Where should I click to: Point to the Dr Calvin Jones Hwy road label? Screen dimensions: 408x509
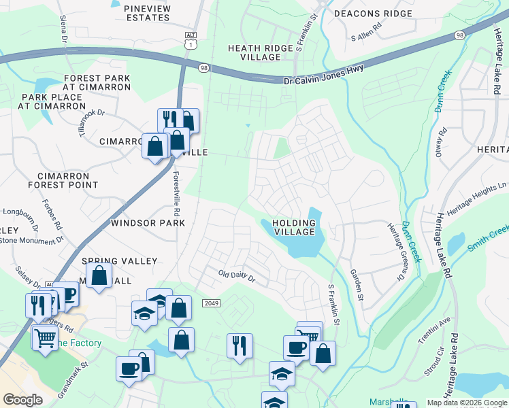pos(323,75)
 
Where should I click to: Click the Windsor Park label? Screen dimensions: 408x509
pos(148,223)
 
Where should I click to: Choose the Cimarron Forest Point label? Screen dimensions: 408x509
pos(63,180)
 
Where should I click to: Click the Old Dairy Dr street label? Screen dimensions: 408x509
pos(236,277)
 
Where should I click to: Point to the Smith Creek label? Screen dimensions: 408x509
pos(489,239)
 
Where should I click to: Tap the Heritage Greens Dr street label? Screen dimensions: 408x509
pos(395,252)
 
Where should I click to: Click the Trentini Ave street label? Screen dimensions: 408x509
pos(435,330)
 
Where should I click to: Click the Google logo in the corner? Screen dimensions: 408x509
pos(22,400)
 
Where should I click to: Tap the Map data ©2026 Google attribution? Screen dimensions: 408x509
pos(467,403)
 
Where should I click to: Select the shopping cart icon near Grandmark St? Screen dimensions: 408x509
pos(45,337)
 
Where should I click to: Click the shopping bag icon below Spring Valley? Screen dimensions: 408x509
pos(99,276)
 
